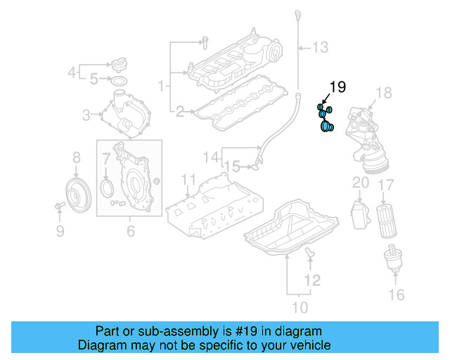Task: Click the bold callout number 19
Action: (x=337, y=87)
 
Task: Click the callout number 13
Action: (x=320, y=48)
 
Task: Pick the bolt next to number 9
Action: (x=58, y=206)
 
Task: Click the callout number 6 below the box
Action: (x=130, y=231)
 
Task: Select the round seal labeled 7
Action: (x=106, y=187)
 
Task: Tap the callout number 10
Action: (x=300, y=307)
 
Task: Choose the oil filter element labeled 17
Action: (x=386, y=221)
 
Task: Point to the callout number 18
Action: (x=383, y=92)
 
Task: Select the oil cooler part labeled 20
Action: (x=360, y=214)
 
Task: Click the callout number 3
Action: (x=86, y=114)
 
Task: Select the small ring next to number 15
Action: (x=258, y=167)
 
